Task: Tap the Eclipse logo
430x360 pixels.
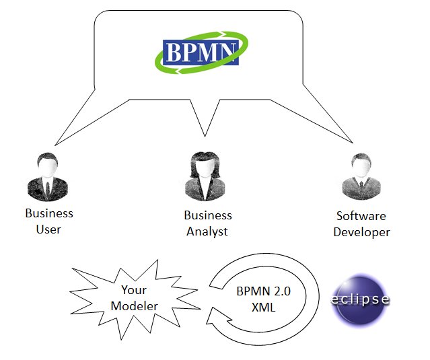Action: [x=361, y=299]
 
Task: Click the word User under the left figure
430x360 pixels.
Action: [x=48, y=229]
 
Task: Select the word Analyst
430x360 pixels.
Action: [x=207, y=231]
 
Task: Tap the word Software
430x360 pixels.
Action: [x=361, y=217]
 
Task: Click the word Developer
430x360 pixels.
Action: [x=362, y=232]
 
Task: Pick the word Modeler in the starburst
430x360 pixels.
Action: [x=135, y=306]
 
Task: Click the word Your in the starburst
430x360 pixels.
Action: [x=134, y=291]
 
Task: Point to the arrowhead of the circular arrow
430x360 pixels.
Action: [x=217, y=313]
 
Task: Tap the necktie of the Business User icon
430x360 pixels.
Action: [x=46, y=186]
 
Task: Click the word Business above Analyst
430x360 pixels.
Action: [x=207, y=216]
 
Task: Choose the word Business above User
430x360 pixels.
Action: [x=48, y=214]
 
